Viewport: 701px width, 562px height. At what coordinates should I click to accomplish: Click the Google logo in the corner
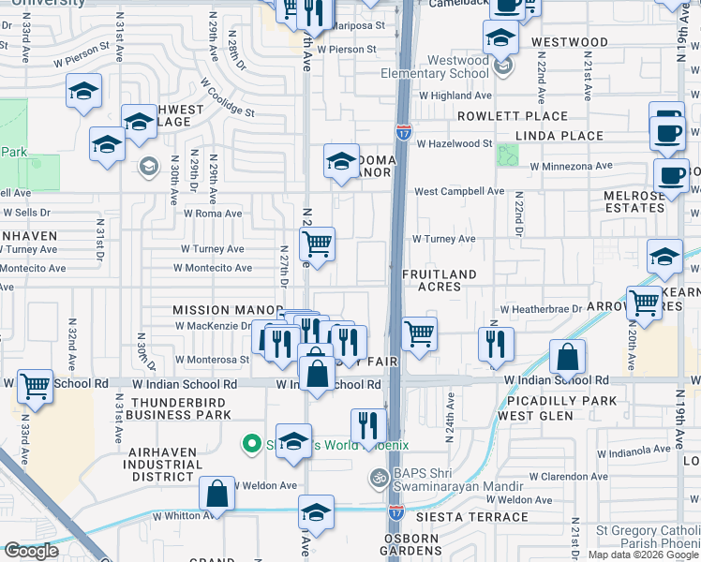31,551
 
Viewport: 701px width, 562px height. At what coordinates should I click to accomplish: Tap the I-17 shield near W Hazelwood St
403,133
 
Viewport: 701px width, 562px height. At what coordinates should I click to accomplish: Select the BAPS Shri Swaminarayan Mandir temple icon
378,477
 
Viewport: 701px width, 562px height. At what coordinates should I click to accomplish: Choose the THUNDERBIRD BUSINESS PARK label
180,408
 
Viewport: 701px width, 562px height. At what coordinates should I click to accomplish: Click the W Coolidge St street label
227,96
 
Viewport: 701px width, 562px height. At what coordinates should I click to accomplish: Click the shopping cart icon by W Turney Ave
318,244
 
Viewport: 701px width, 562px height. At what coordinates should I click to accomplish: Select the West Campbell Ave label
459,191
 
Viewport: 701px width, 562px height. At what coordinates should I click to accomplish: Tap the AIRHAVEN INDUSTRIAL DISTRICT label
164,465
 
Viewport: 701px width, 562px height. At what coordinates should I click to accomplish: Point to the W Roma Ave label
213,213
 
